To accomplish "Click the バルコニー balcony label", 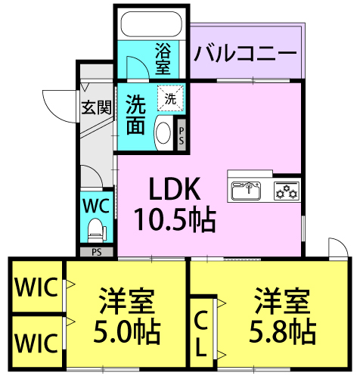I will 245,53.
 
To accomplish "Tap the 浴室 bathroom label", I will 163,59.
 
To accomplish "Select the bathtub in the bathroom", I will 151,23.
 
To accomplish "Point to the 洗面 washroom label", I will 135,113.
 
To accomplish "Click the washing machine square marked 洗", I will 170,98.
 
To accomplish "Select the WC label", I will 96,204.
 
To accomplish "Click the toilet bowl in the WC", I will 96,228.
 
